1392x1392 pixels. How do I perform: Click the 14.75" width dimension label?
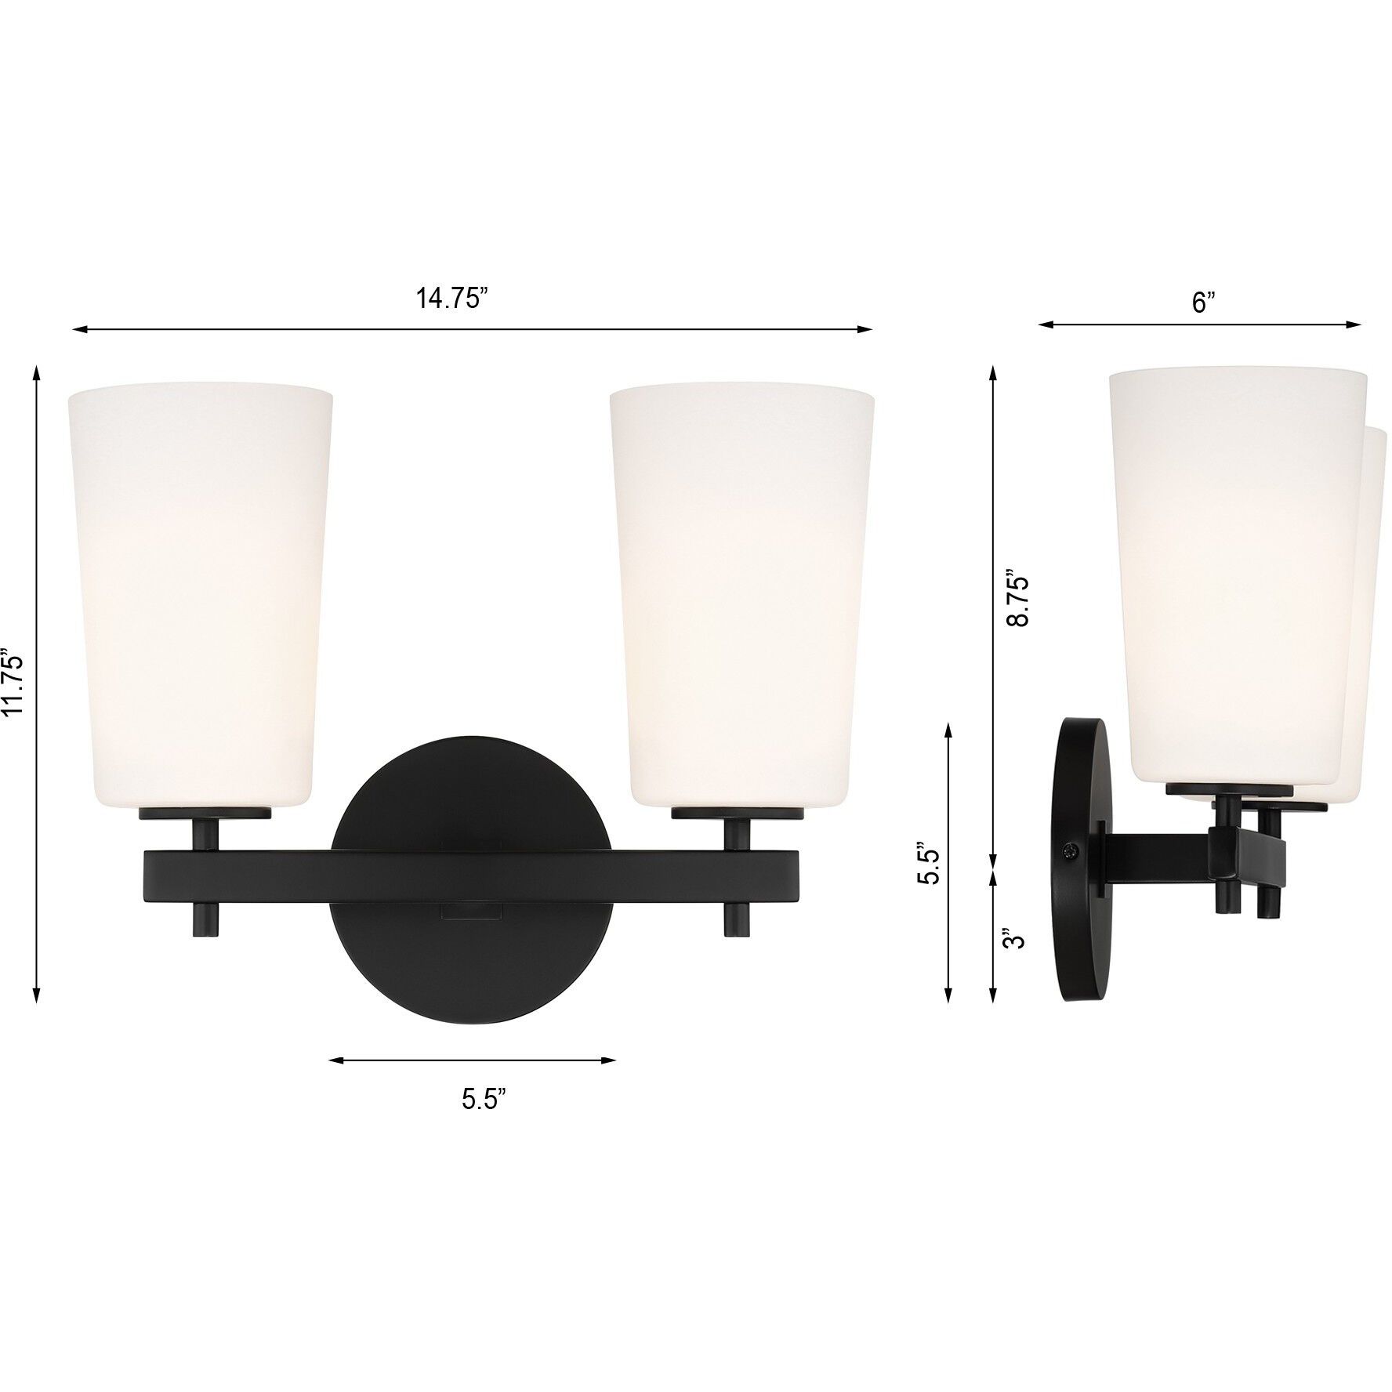click(451, 299)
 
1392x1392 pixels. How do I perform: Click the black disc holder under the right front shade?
click(737, 814)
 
